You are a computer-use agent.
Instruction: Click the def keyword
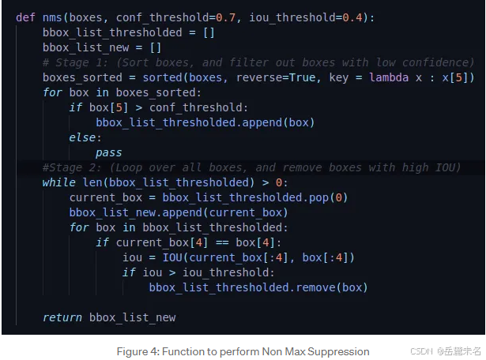25,17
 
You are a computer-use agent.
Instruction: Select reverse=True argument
261,77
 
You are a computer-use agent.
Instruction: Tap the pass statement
109,152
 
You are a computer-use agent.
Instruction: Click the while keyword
59,182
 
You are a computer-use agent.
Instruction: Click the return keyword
62,317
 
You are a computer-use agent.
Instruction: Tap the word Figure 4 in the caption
136,351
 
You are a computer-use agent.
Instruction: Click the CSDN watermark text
424,351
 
